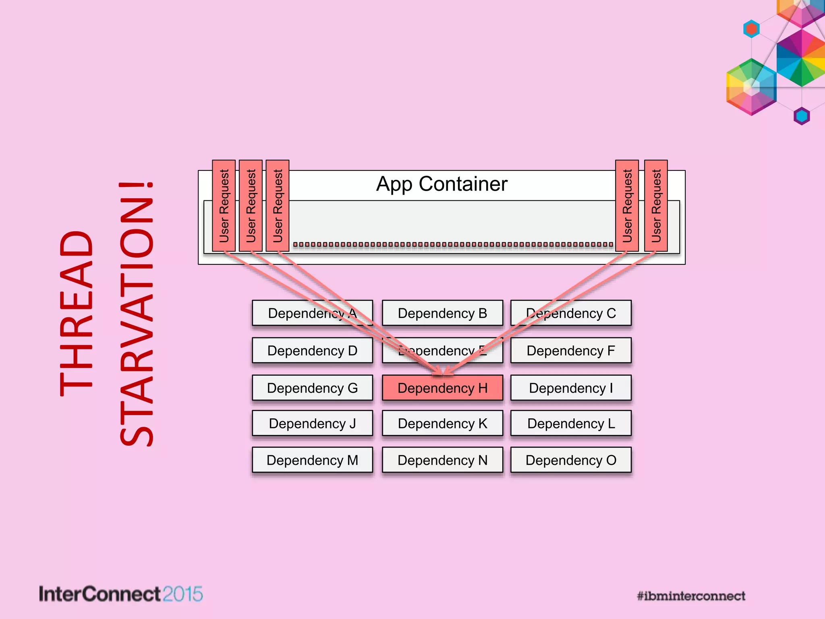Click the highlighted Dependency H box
click(442, 388)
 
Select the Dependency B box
click(442, 313)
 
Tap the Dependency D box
click(312, 351)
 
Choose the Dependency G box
click(312, 388)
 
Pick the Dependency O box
click(571, 460)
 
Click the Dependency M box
click(312, 460)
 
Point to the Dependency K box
click(442, 423)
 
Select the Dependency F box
click(571, 351)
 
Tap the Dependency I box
click(571, 388)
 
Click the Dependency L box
click(571, 423)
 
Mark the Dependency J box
click(312, 423)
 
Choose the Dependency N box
click(442, 460)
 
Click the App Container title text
click(442, 184)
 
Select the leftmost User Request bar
click(224, 206)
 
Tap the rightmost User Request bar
click(656, 206)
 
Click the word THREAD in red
click(77, 314)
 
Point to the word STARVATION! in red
click(136, 314)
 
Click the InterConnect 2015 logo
click(120, 594)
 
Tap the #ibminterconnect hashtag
click(691, 596)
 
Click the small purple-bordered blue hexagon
click(802, 116)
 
